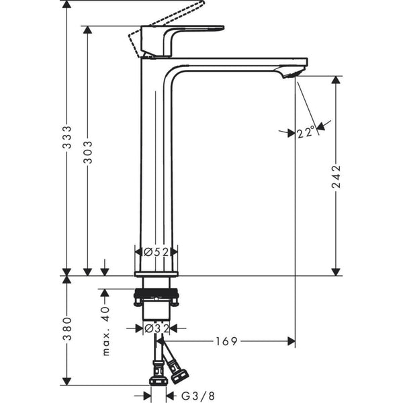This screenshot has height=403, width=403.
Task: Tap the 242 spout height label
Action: tap(337, 177)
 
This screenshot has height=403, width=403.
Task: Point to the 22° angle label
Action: tap(305, 133)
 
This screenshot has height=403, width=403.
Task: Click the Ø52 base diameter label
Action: tap(156, 252)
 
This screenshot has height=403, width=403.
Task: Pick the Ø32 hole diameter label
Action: tap(156, 328)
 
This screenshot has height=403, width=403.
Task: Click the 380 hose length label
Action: tap(66, 330)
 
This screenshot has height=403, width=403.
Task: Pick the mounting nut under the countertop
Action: tap(156, 296)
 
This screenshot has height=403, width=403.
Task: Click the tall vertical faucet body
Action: tap(156, 161)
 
